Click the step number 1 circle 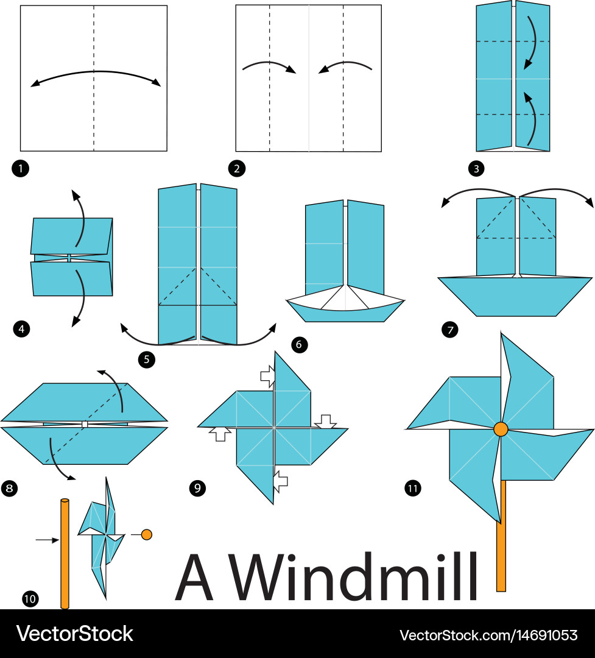[21, 169]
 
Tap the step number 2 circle [237, 169]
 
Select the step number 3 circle [476, 169]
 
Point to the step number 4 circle [21, 328]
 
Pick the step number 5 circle [146, 359]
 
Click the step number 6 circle [299, 344]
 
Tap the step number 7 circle [450, 330]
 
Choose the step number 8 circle [9, 488]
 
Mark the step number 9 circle [197, 488]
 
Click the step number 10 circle [30, 598]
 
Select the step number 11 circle [412, 488]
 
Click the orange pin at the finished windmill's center [501, 429]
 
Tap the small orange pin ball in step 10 [146, 535]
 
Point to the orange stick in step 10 [65, 553]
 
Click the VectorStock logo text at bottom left [74, 634]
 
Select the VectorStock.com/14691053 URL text [488, 635]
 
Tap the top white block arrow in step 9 [268, 375]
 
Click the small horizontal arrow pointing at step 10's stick [47, 540]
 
